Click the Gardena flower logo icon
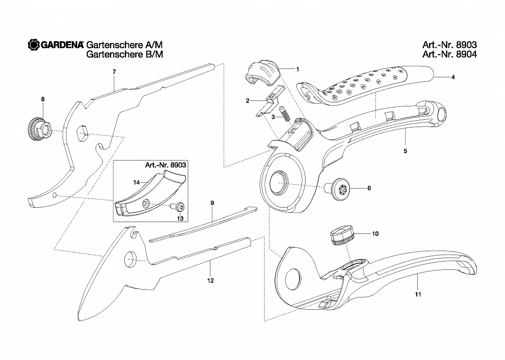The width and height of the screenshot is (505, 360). coord(34,45)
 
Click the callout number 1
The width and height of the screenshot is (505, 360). coord(298,69)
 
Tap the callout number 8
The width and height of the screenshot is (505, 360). coord(43,99)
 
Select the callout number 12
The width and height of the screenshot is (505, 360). coord(210,281)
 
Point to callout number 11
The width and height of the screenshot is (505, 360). coord(418,294)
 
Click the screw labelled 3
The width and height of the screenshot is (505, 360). coord(284,113)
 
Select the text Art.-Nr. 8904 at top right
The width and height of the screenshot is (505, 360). coord(449,54)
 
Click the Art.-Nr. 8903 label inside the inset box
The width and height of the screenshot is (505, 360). coord(165,165)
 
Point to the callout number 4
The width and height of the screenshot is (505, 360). coord(453,77)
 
